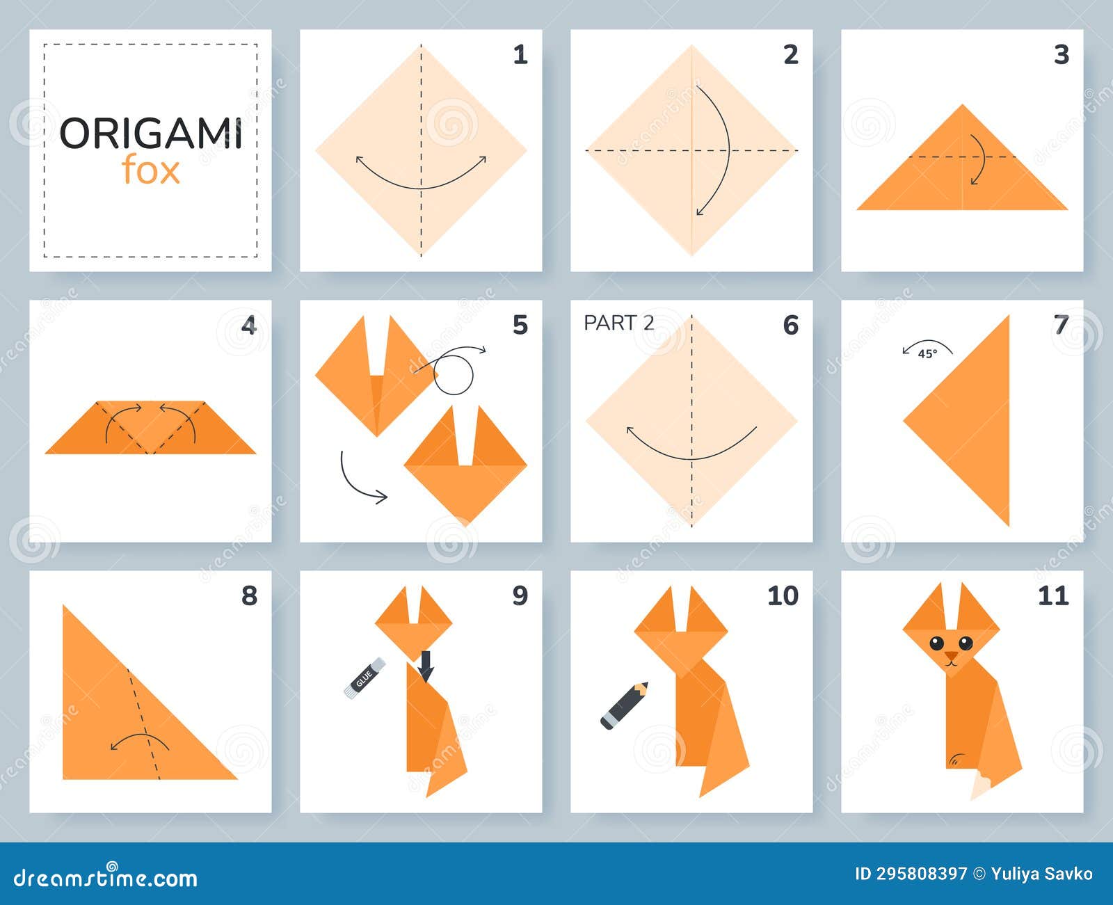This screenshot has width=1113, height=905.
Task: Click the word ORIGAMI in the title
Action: coord(151,134)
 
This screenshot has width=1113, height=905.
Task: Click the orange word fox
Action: coord(151,171)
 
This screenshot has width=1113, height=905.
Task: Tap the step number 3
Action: coord(1061,54)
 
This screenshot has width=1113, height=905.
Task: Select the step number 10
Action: coord(783,595)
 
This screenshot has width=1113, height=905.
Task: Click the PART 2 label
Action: coord(618,323)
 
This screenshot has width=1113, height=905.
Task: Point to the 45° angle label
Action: coord(927,353)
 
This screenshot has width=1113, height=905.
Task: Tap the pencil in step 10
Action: coord(624,706)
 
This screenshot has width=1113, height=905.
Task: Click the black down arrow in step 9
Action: coord(426,666)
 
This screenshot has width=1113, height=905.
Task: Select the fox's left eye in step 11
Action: coord(937,642)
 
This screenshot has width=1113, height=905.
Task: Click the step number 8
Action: coord(249,595)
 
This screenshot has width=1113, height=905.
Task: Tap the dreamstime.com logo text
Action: coord(106,878)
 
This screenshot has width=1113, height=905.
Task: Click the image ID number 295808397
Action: coord(922,874)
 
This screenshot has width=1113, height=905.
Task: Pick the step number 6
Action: coord(790,325)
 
